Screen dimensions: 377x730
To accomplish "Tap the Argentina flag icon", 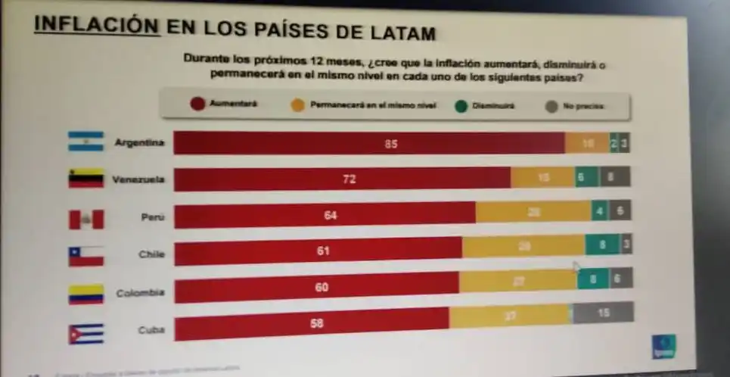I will (85, 141).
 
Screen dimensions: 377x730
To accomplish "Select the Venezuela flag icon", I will (85, 179).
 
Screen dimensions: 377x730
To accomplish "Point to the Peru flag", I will (86, 219).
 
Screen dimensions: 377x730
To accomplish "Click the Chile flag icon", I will (85, 256).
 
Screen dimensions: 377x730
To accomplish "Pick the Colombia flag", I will (85, 294).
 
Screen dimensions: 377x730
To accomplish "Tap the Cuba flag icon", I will (85, 333).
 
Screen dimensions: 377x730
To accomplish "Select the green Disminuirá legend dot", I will (459, 106).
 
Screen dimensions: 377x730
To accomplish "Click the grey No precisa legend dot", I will (551, 107).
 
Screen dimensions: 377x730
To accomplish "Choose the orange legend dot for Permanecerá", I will (297, 105).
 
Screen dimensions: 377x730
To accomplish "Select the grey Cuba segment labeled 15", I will (602, 312).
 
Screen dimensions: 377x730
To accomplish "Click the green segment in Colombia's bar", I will (592, 279).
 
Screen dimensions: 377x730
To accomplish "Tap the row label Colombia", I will (140, 292).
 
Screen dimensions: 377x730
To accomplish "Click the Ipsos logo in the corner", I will (664, 344).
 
